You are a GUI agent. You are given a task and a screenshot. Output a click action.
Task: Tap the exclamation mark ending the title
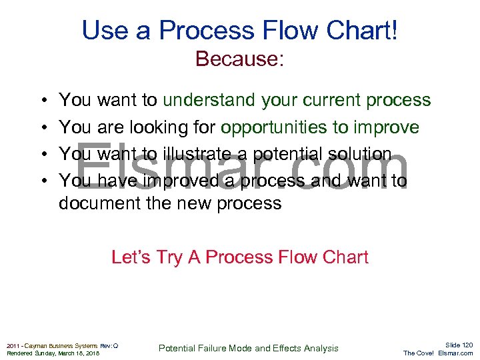click(395, 30)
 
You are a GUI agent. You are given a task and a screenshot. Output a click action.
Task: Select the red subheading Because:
click(240, 59)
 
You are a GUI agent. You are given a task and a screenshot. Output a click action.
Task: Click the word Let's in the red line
click(130, 257)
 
